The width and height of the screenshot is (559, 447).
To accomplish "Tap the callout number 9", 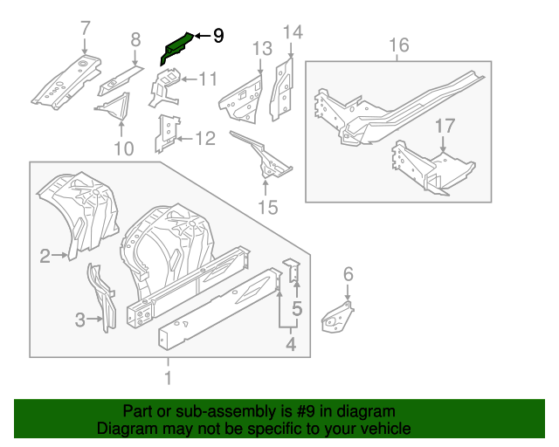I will pos(217,36).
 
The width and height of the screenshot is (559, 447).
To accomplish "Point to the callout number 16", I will pos(398,45).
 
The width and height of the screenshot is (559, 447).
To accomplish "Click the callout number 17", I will pos(445,126).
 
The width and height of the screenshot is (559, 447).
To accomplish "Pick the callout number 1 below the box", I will pos(169,377).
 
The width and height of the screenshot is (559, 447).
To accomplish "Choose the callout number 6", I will pos(348,275).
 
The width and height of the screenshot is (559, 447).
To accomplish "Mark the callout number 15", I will pos(267,207).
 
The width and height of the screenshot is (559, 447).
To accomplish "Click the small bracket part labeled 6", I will pos(339,316).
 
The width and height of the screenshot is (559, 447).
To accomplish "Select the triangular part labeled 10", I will pos(113,109).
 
